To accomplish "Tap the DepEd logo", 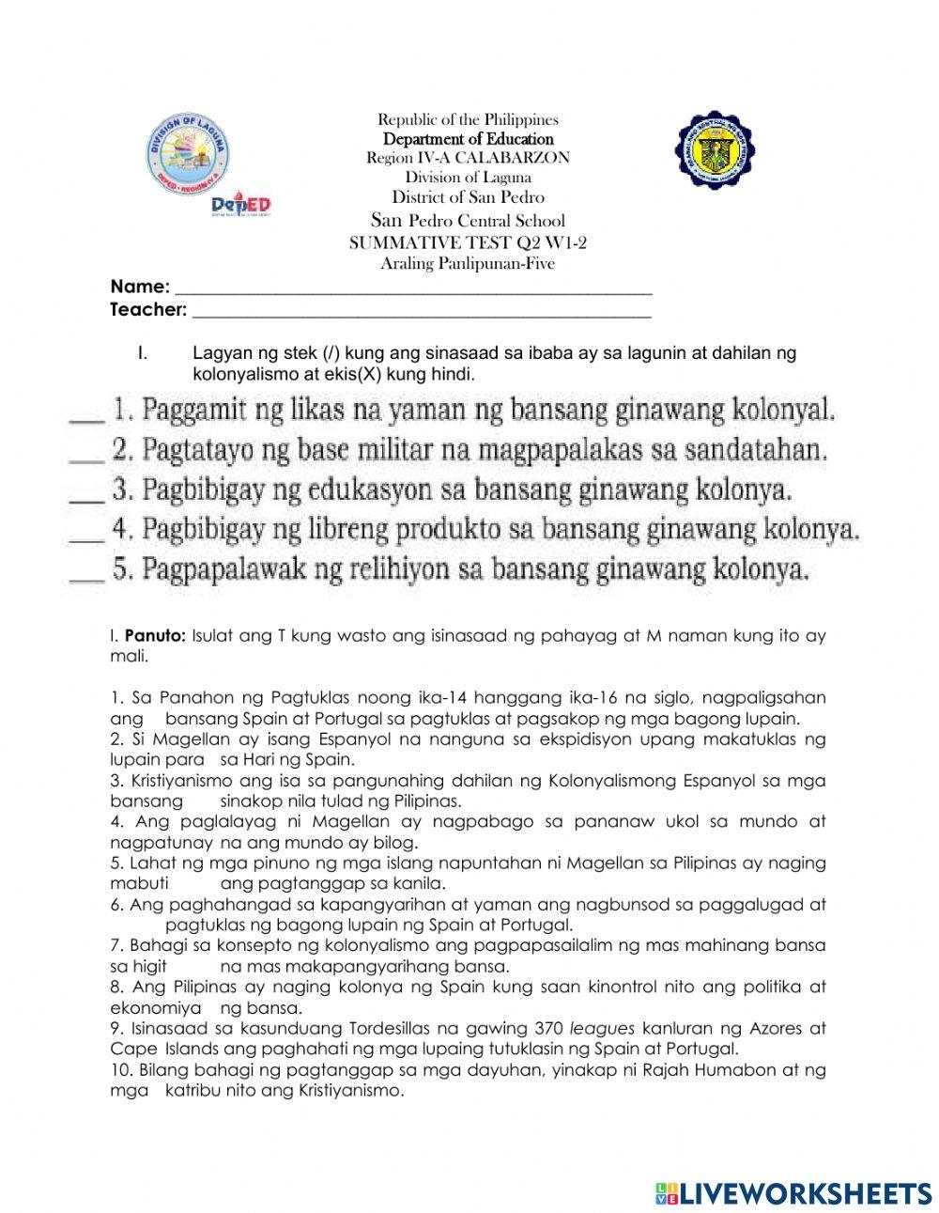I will pos(240,205).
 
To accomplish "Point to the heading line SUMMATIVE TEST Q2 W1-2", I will pos(468,242).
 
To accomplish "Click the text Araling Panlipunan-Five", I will pos(468,263).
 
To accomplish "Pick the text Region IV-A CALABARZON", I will pos(468,158).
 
